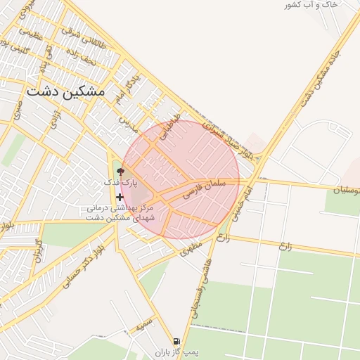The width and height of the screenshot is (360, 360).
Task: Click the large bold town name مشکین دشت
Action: (65, 91)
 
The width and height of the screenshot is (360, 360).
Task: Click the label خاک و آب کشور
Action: (311, 5)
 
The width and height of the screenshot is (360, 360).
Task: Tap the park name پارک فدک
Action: (118, 182)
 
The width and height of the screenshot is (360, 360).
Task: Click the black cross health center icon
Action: (120, 197)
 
